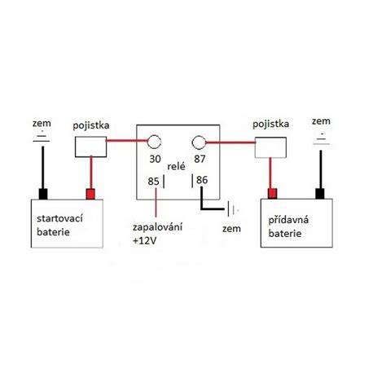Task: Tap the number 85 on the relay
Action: tap(153, 182)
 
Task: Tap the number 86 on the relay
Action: tap(202, 180)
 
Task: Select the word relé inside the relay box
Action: tap(177, 166)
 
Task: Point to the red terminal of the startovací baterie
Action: tap(90, 194)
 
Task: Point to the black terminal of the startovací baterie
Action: tap(43, 194)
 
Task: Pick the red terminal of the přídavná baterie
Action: tap(272, 194)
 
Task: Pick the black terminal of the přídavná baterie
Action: tap(320, 194)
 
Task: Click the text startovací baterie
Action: tap(59, 225)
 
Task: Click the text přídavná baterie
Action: tap(288, 226)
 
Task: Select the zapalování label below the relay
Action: tap(157, 227)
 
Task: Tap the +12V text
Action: tap(145, 241)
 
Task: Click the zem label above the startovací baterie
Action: tap(42, 124)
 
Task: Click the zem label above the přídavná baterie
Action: tap(321, 121)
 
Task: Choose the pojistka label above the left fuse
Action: tap(91, 125)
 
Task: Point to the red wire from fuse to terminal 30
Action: tap(127, 141)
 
